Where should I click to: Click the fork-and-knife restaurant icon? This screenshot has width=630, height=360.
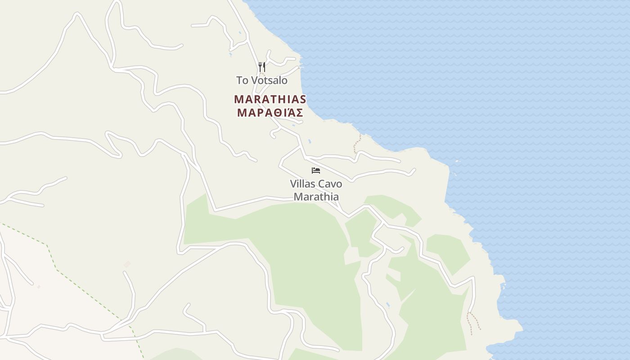pos(261,67)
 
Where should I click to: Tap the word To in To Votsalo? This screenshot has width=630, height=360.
pos(242,81)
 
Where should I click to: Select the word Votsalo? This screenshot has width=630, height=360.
pos(269,81)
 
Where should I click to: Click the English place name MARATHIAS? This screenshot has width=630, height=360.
pos(270,99)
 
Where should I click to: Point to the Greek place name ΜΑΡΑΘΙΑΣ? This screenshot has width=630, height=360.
pos(270,112)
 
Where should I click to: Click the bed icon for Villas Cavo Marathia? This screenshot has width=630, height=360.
pos(316,171)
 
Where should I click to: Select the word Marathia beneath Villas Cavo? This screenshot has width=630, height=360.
pos(316,197)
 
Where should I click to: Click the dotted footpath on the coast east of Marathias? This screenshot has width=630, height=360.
pos(357,143)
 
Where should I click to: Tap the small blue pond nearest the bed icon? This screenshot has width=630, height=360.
pos(310,141)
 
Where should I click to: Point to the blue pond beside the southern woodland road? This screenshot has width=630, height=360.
pos(388,305)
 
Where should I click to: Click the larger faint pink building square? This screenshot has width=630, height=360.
pos(127,264)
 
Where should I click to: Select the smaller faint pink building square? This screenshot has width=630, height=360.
pos(39,287)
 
